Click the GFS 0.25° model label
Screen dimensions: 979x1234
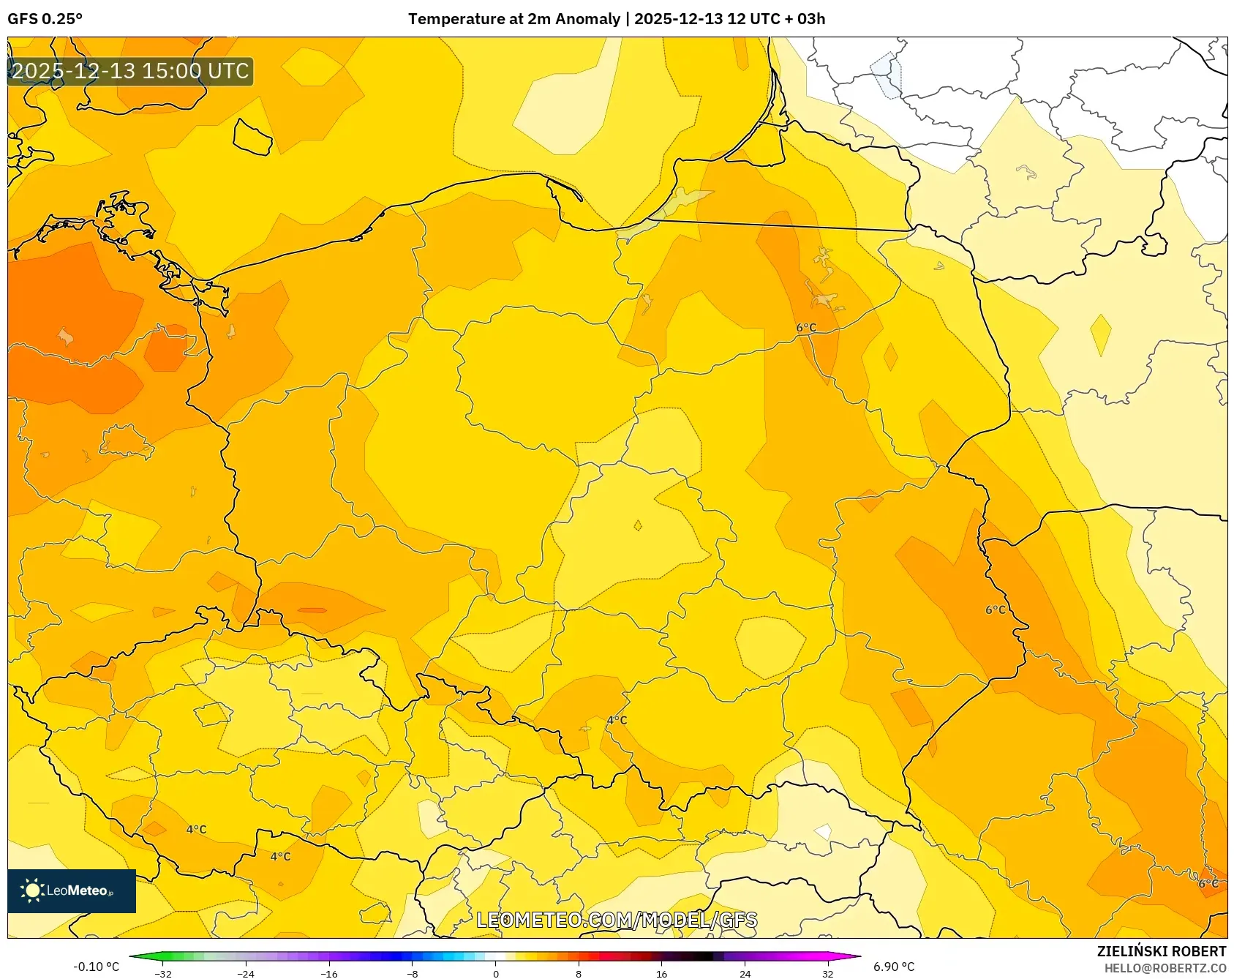pyautogui.click(x=45, y=19)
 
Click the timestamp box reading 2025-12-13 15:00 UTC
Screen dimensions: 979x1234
pyautogui.click(x=130, y=71)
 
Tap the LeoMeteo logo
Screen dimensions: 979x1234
pyautogui.click(x=72, y=890)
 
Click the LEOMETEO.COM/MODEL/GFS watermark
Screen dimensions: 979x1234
pyautogui.click(x=617, y=920)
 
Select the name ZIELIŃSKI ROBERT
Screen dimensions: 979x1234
pyautogui.click(x=1161, y=951)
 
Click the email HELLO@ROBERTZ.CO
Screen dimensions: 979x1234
pyautogui.click(x=1165, y=968)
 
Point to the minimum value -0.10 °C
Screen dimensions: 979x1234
pyautogui.click(x=96, y=967)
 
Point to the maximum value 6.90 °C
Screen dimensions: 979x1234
pyautogui.click(x=893, y=967)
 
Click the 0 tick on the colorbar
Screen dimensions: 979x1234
pyautogui.click(x=496, y=974)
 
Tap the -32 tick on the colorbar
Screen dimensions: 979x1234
pyautogui.click(x=164, y=974)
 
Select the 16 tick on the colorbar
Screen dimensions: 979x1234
pyautogui.click(x=662, y=974)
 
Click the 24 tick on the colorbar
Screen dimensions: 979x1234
pyautogui.click(x=745, y=974)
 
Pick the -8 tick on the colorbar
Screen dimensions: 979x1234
pyautogui.click(x=413, y=974)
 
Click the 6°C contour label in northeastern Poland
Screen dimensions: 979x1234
pyautogui.click(x=806, y=328)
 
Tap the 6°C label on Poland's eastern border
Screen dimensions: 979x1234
pyautogui.click(x=996, y=609)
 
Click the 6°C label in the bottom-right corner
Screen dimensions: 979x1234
pyautogui.click(x=1208, y=883)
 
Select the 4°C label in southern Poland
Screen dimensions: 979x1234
pyautogui.click(x=617, y=720)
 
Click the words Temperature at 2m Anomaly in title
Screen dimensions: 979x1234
pyautogui.click(x=513, y=19)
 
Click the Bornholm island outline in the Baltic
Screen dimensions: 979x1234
pyautogui.click(x=252, y=137)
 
